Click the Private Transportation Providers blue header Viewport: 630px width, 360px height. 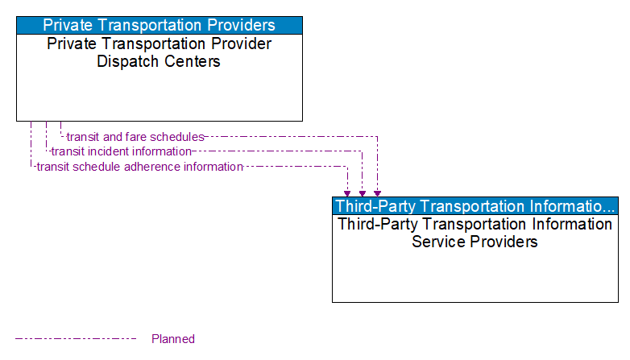[159, 25]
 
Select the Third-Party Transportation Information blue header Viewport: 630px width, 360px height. [475, 205]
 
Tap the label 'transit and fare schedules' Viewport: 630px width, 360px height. [135, 137]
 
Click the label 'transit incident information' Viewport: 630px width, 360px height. [121, 151]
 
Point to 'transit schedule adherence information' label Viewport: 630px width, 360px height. [139, 167]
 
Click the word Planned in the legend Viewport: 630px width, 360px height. [173, 339]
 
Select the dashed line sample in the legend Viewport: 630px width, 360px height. [76, 339]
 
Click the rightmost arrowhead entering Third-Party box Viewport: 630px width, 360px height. [377, 193]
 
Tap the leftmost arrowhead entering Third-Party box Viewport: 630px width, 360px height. [347, 193]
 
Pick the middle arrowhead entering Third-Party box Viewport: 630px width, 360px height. [363, 193]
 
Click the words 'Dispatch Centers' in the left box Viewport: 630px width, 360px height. [159, 61]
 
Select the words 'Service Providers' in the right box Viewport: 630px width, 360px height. [475, 242]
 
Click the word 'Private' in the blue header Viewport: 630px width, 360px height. [68, 25]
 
